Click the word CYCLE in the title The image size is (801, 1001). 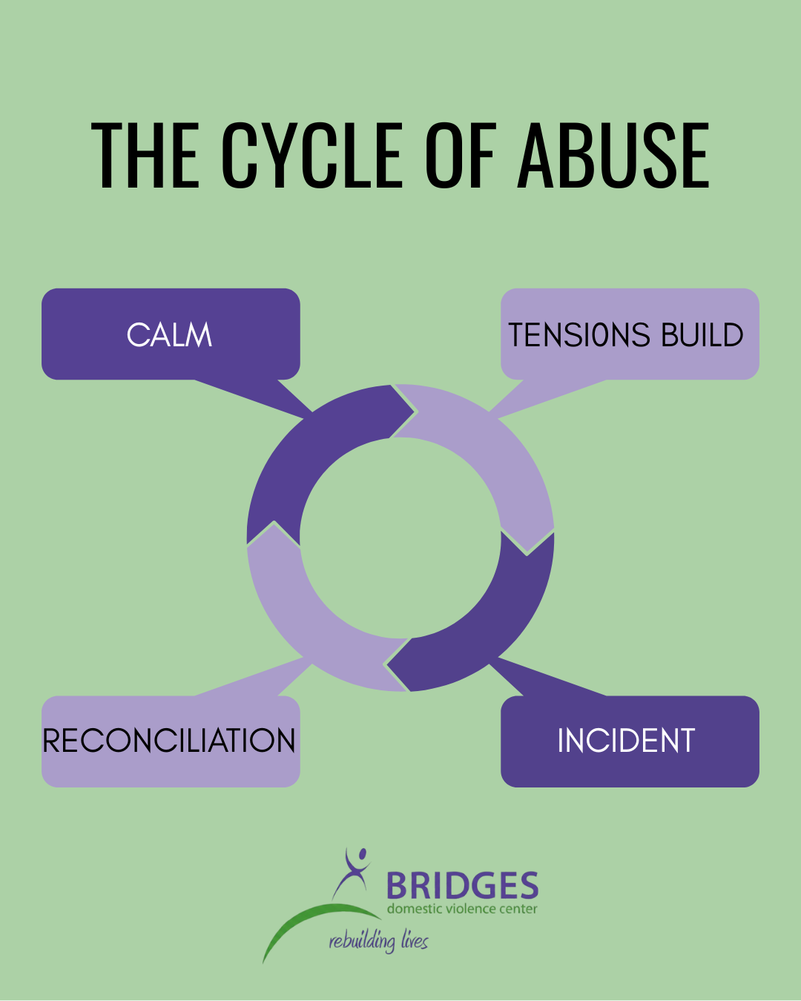click(x=312, y=156)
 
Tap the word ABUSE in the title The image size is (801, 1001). click(x=614, y=156)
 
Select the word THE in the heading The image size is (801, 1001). click(x=145, y=156)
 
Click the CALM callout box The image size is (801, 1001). click(x=170, y=334)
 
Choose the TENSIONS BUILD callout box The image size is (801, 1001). click(x=629, y=334)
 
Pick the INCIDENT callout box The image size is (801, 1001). click(x=629, y=741)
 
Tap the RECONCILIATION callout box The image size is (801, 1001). click(x=170, y=741)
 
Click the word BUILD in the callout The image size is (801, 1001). click(x=702, y=335)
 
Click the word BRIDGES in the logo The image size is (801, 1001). click(x=462, y=886)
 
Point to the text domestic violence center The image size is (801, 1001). click(x=462, y=909)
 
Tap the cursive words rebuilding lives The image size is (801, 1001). click(x=378, y=942)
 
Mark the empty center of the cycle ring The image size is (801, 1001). click(x=400, y=538)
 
